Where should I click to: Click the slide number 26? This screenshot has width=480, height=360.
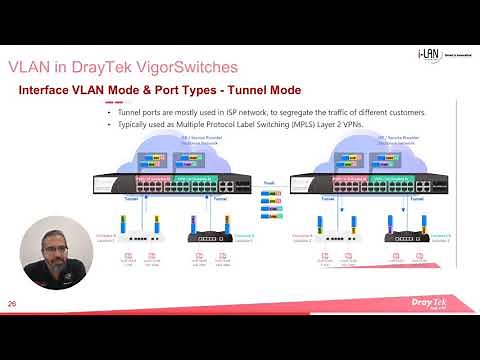12,304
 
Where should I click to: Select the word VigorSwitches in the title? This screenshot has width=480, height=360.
182,67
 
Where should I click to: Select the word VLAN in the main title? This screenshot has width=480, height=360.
31,67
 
